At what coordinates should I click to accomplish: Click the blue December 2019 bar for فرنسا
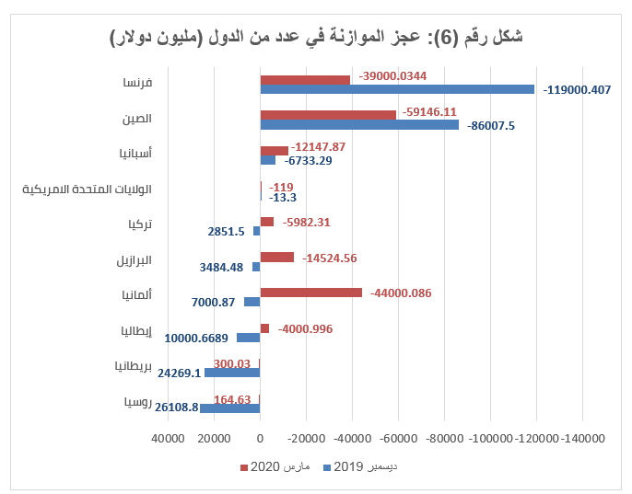(396, 89)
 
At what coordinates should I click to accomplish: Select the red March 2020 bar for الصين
(328, 115)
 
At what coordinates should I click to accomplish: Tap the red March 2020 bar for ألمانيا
(310, 293)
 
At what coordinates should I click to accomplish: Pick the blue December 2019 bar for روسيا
(230, 408)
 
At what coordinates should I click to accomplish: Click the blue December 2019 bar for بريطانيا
(232, 373)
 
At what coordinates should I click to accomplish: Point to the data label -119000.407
(578, 90)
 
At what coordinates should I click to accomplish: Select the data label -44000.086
(401, 293)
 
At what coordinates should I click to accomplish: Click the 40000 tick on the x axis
(168, 440)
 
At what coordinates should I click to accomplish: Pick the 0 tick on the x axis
(260, 440)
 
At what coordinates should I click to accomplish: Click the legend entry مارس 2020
(285, 468)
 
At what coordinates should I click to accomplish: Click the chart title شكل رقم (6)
(316, 37)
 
